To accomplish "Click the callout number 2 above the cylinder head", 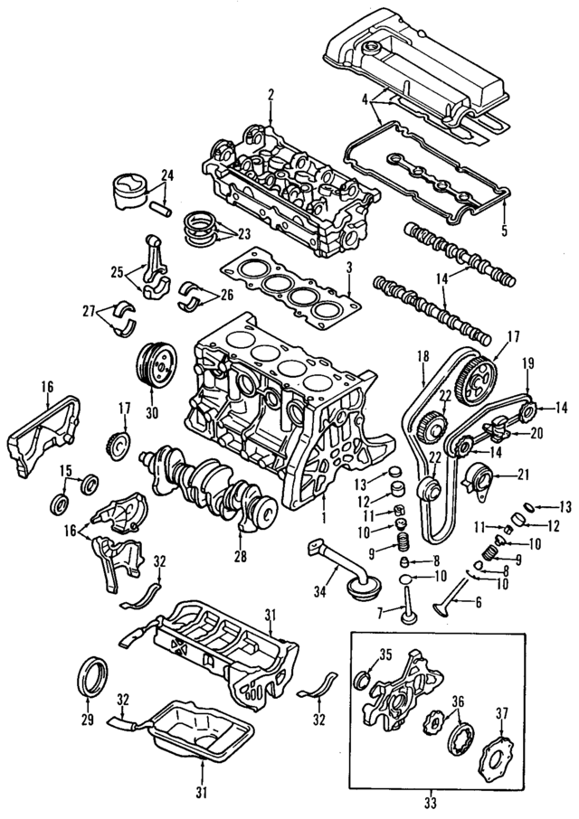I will [270, 94].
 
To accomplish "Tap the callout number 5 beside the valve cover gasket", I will [504, 231].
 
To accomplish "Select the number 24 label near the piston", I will [166, 174].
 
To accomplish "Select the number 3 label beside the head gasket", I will [347, 268].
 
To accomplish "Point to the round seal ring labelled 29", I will [93, 676].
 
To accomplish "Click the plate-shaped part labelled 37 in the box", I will [497, 750].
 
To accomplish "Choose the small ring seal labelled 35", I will [365, 679].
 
